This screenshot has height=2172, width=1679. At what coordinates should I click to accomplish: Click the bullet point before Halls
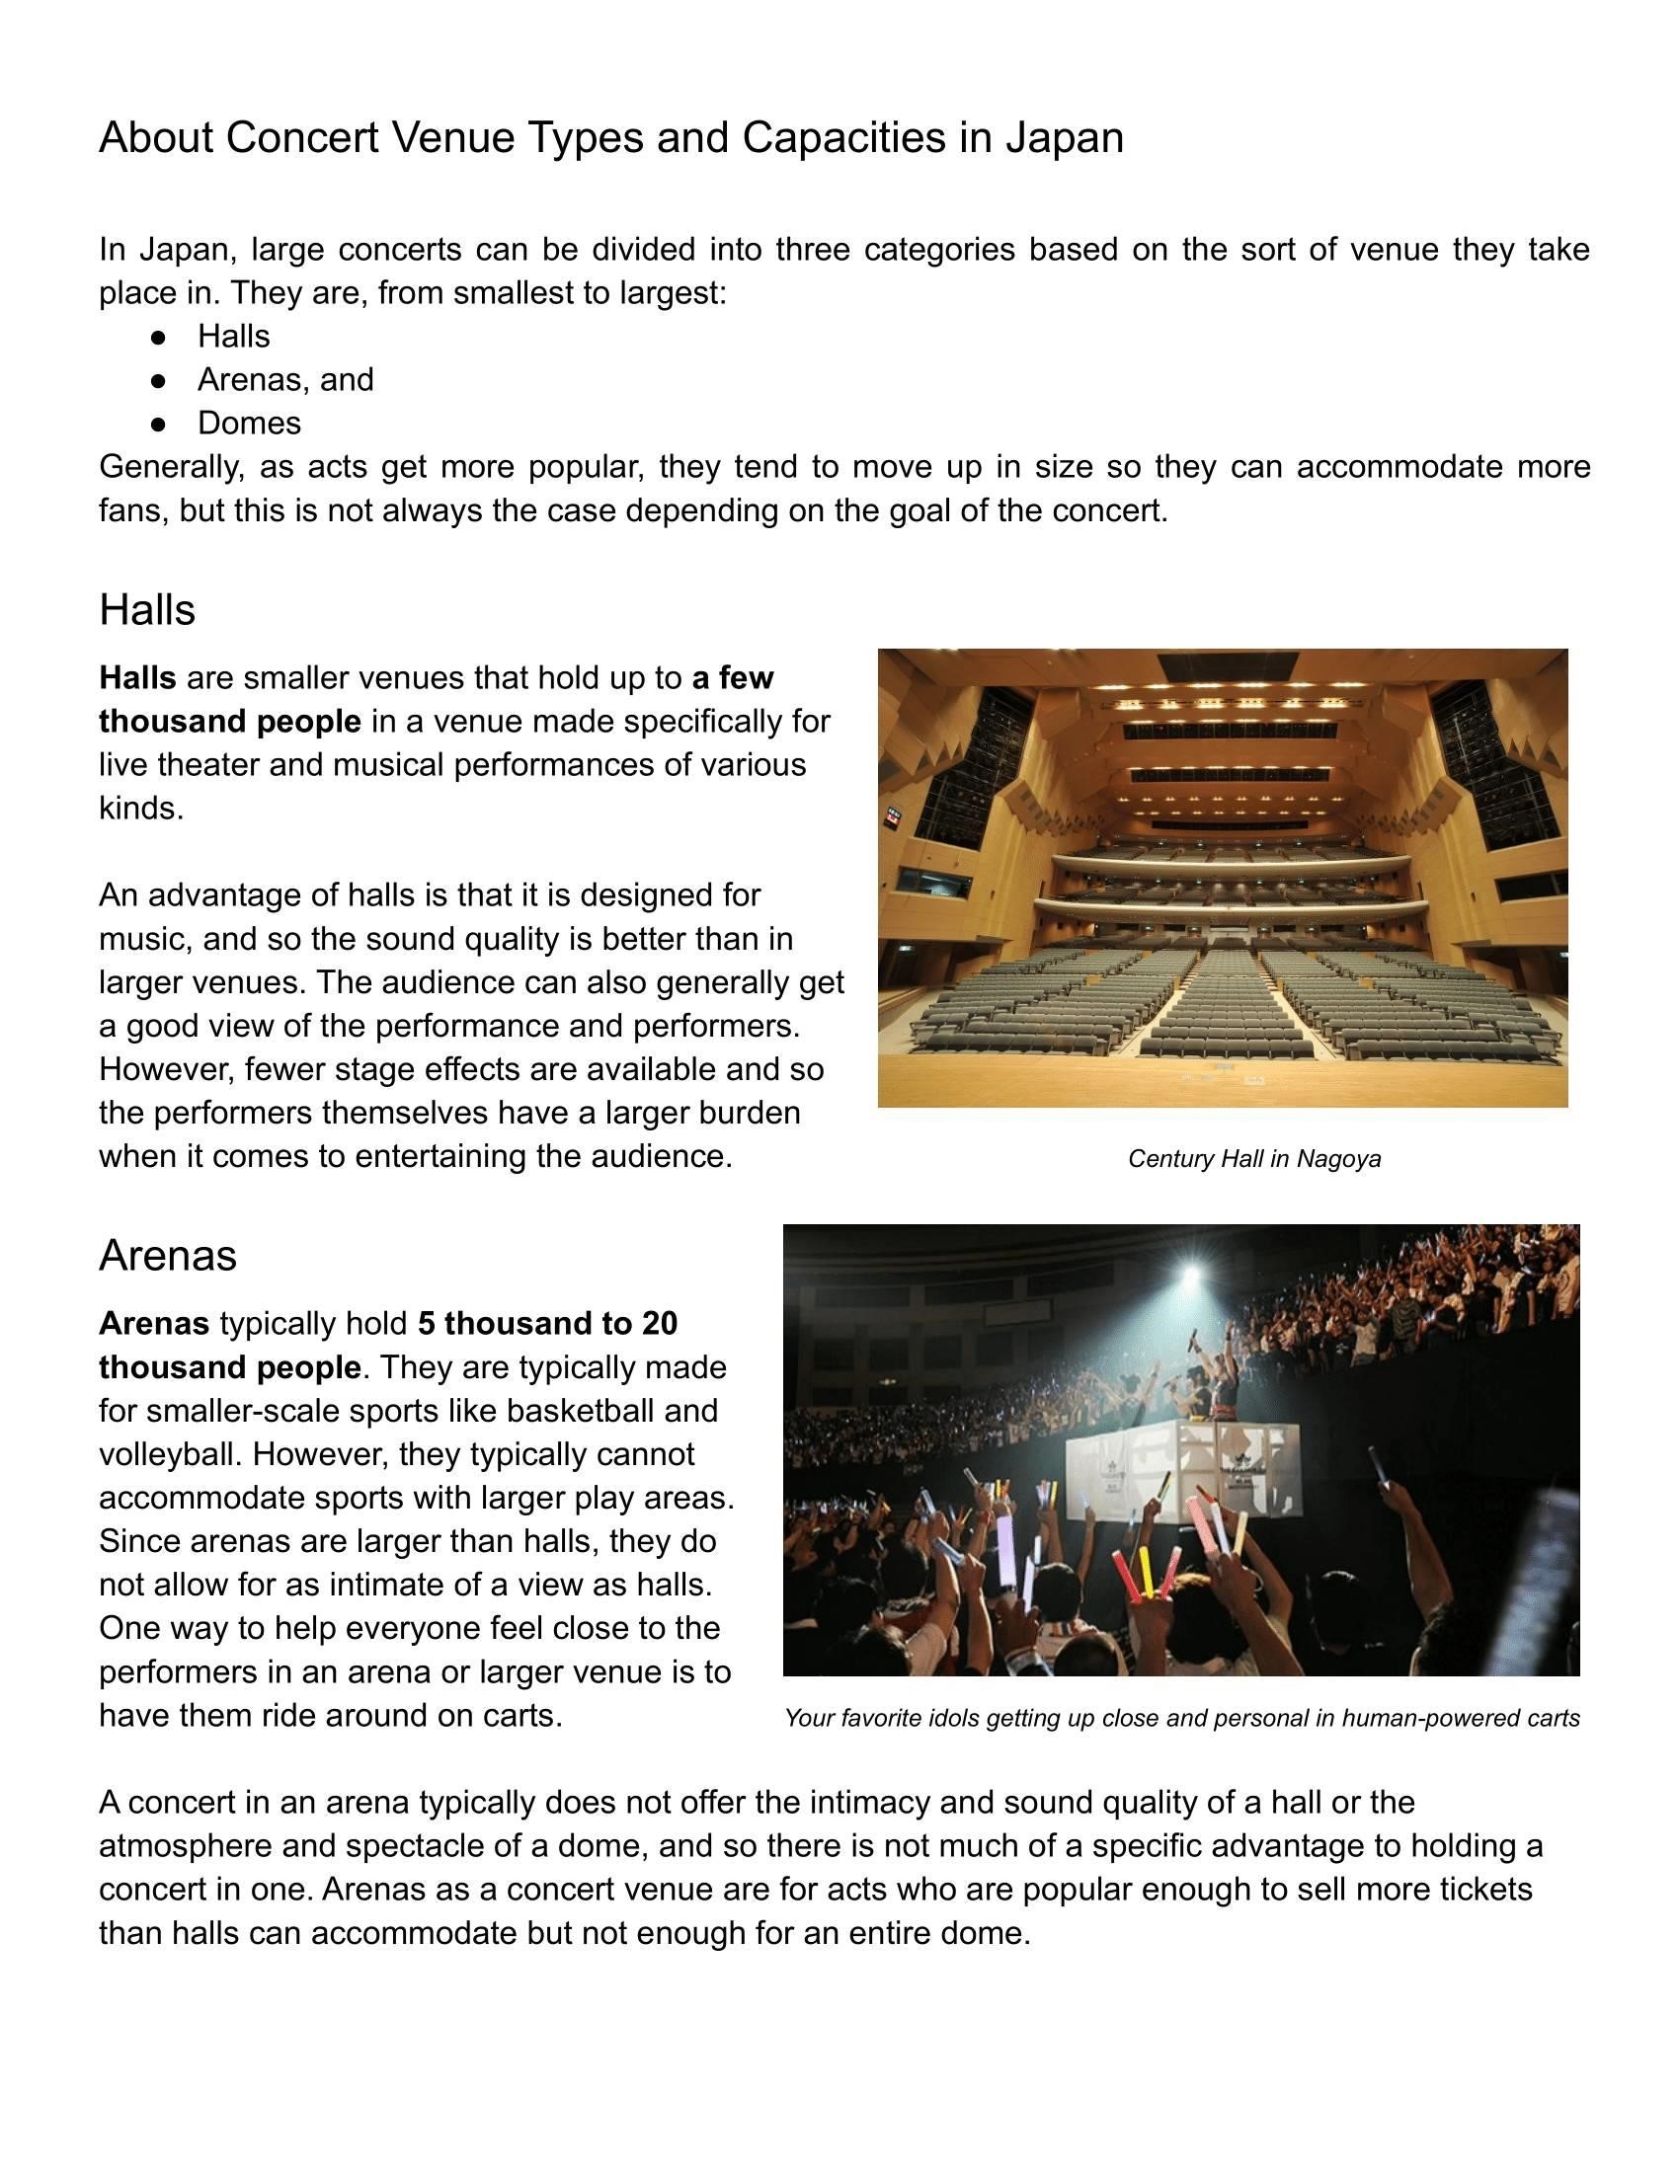coord(158,338)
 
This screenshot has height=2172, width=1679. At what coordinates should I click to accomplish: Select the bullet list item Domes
coord(249,423)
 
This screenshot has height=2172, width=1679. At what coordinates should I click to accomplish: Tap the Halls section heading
coord(147,609)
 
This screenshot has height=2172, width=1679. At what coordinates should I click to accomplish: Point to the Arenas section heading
coord(167,1255)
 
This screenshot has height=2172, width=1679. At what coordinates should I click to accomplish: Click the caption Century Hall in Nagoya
coord(1253,1159)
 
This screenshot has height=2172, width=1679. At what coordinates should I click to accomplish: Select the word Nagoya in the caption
coord(1339,1159)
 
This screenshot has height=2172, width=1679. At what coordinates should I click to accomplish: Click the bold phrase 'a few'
coord(733,678)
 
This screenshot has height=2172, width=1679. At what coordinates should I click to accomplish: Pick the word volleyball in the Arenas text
coord(166,1454)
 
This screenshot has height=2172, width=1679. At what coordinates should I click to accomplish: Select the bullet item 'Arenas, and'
coord(285,380)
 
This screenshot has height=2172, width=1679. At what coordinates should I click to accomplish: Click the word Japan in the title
coord(1065,137)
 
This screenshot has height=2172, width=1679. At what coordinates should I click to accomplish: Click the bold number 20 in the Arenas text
coord(660,1324)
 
